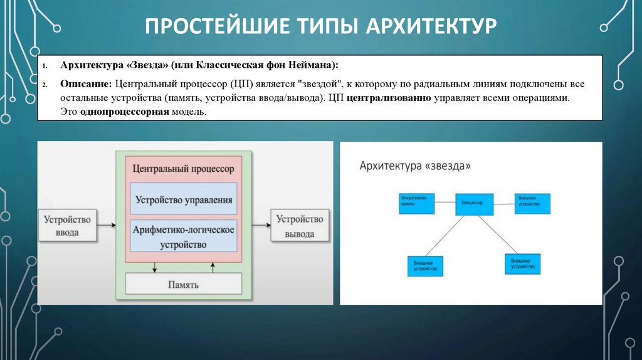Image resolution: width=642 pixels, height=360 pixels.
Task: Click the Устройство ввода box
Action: coord(67,226)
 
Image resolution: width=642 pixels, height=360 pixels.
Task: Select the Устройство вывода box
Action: coord(300,226)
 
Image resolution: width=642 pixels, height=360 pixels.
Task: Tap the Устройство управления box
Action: coord(184,200)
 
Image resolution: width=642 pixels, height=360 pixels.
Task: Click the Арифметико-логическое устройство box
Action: coord(184,236)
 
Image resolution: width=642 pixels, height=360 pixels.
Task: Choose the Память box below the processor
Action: coord(183,284)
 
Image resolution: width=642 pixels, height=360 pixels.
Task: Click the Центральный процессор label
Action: coord(183,169)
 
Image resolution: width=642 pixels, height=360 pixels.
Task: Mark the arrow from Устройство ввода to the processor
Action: coord(107,224)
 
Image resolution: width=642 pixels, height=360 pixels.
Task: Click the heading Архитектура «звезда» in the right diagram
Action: coord(414,166)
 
